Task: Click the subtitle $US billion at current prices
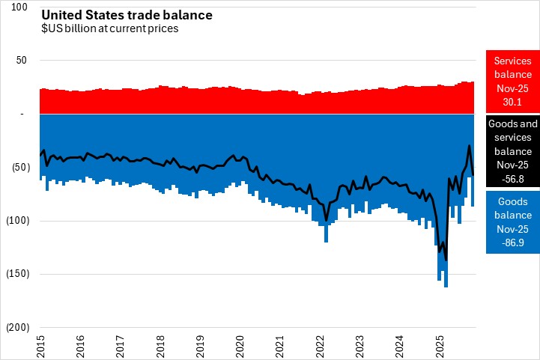point(109,29)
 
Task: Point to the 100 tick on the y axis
point(20,7)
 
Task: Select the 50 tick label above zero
point(22,61)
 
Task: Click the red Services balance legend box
point(512,82)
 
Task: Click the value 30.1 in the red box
point(512,102)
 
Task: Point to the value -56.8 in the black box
point(512,178)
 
